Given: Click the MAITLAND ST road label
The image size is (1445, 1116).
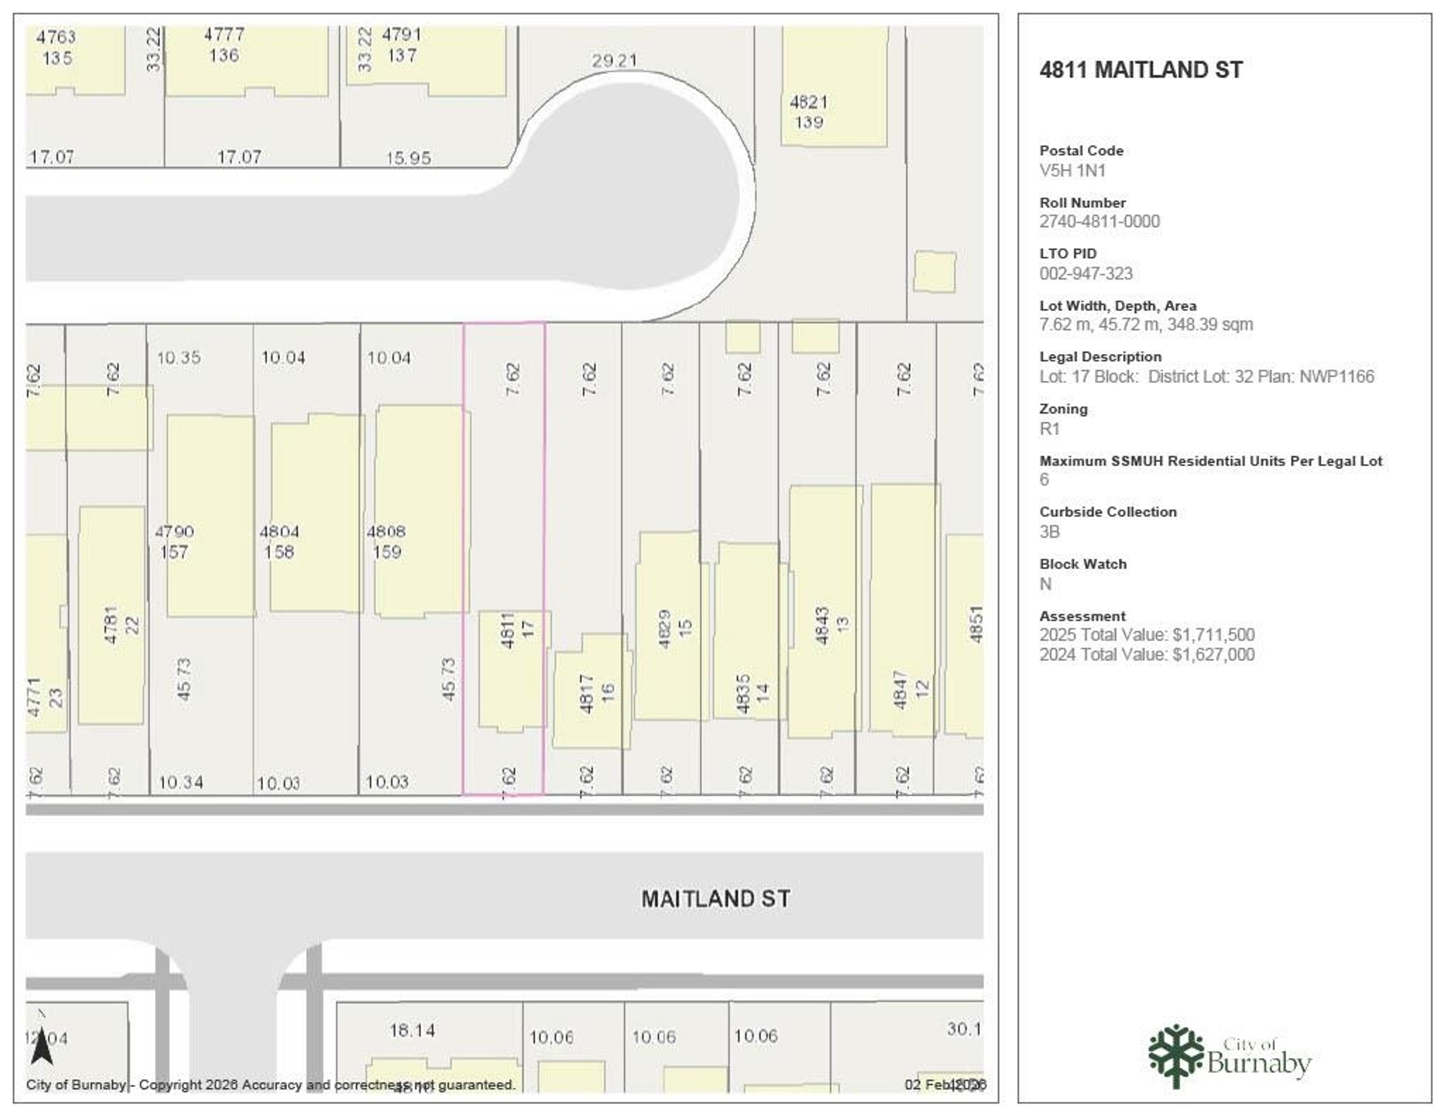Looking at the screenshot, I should pos(715,899).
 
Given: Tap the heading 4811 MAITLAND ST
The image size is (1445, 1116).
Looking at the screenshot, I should pos(1141,70).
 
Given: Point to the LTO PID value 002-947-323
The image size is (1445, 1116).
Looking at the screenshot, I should pos(1086,273).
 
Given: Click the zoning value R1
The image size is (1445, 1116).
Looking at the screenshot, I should pos(1050,429).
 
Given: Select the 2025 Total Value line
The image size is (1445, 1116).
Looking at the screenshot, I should pos(1147,635).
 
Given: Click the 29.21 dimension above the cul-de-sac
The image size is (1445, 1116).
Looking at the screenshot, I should pos(614,61).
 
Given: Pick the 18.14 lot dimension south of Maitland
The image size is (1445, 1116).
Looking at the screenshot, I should pos(412,1030).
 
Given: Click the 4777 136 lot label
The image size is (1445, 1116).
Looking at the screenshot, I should pos(224,44).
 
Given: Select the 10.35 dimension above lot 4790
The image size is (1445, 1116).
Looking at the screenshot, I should pos(179,358).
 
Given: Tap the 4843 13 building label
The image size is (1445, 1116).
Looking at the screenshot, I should pos(832,625).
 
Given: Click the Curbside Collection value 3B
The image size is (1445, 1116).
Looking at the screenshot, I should pos(1050,532).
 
